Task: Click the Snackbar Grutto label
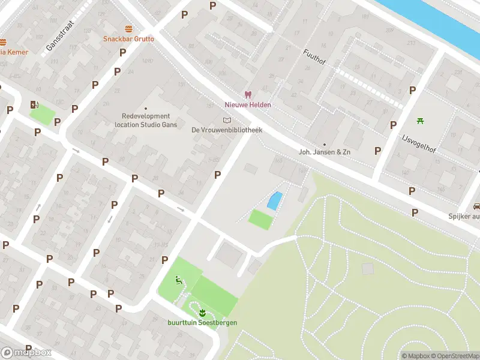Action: click(x=128, y=39)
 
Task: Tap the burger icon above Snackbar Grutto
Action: click(x=128, y=29)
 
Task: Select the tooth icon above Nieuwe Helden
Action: click(x=247, y=95)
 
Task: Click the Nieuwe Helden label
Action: click(x=248, y=105)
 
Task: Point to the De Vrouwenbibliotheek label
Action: click(x=227, y=130)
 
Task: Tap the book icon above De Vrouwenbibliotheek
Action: click(x=227, y=120)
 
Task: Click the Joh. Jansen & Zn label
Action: click(x=325, y=152)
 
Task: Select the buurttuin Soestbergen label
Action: click(x=202, y=323)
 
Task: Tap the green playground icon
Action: click(x=178, y=279)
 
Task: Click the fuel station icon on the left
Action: click(x=34, y=104)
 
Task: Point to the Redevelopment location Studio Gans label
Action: click(x=146, y=120)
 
